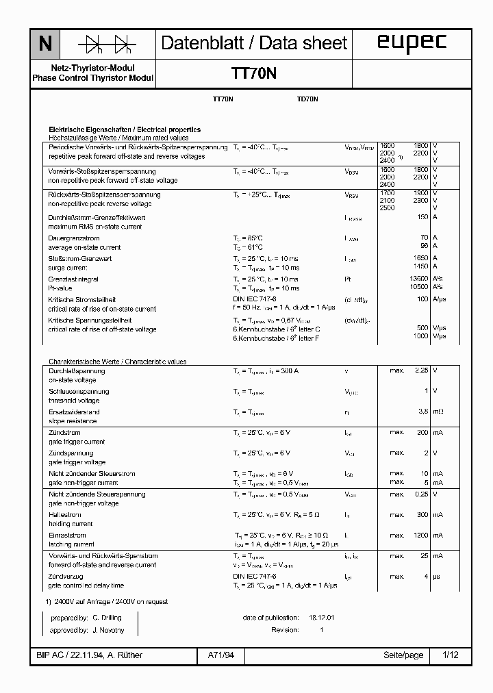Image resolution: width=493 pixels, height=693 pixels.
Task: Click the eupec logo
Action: [412, 43]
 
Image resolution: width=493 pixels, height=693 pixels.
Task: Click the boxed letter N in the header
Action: [45, 45]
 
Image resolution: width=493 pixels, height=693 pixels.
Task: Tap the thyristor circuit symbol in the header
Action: [106, 45]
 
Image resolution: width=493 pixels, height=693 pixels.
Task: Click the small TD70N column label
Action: [307, 99]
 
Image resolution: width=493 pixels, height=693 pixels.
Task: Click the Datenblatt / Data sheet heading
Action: [254, 43]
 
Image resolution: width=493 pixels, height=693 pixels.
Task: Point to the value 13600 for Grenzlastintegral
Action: [418, 279]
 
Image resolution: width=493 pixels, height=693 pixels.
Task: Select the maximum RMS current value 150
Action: [422, 217]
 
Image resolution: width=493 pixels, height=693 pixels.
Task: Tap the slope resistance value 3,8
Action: [422, 412]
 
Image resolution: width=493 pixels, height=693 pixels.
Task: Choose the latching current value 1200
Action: [420, 535]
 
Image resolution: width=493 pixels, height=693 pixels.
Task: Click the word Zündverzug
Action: [66, 576]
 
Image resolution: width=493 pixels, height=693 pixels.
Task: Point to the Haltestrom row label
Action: [62, 514]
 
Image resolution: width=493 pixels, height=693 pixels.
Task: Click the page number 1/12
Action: [451, 655]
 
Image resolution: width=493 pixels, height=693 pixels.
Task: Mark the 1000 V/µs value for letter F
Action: [420, 336]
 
